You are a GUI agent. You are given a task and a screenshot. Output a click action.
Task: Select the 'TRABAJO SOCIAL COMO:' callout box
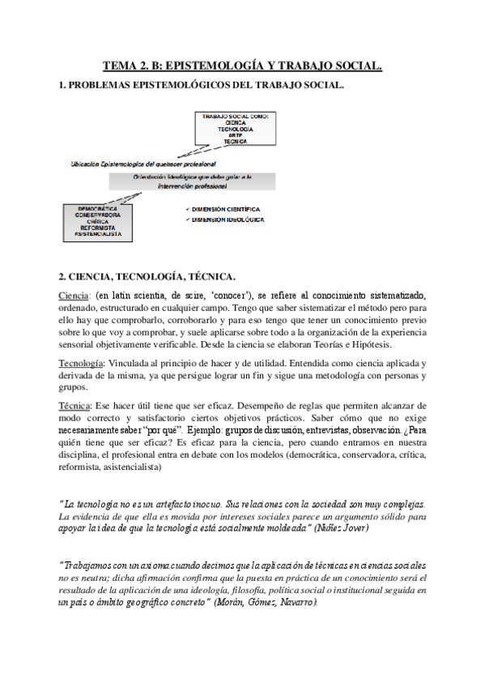(x=235, y=130)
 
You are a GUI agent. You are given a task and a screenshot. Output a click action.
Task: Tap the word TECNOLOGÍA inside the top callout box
(x=235, y=130)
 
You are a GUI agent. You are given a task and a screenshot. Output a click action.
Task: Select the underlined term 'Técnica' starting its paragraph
(x=75, y=404)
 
